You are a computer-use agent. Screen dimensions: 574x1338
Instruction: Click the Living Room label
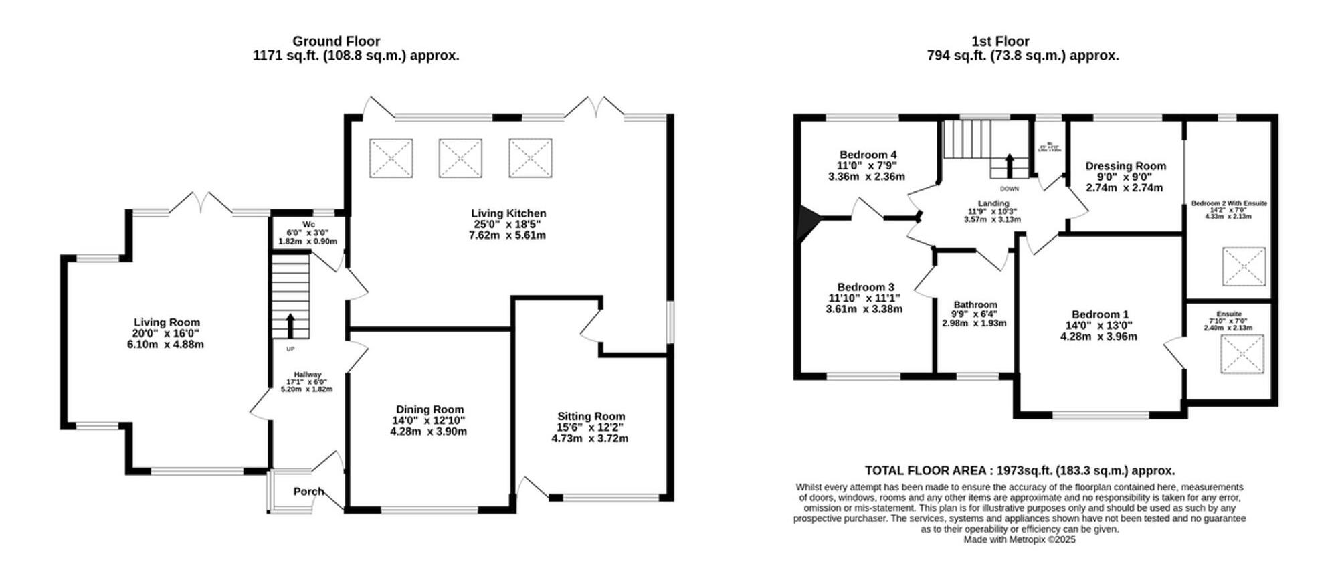(167, 322)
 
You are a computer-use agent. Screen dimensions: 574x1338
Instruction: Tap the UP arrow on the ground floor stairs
(290, 326)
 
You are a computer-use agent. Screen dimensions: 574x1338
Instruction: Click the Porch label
(308, 492)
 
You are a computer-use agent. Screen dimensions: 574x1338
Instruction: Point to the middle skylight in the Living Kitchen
(460, 159)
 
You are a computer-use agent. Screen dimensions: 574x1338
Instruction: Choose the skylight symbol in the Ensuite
(1242, 354)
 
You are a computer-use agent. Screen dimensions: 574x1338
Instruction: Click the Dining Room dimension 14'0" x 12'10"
(428, 421)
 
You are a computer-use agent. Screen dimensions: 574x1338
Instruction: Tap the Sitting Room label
(591, 416)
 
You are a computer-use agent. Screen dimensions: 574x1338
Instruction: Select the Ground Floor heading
(336, 41)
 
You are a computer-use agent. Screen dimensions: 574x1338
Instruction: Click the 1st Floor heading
(1000, 41)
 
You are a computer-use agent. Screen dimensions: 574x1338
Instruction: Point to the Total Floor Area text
(1020, 470)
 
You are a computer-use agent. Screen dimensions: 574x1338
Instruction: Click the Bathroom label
(975, 304)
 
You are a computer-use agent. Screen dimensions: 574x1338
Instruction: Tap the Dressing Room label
(1125, 166)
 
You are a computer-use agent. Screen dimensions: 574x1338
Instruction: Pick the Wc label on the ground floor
(308, 224)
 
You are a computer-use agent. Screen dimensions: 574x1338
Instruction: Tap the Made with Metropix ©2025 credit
(1020, 539)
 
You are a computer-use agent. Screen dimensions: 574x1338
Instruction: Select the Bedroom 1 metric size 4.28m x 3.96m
(1098, 337)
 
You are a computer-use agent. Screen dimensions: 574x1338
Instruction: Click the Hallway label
(308, 375)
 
